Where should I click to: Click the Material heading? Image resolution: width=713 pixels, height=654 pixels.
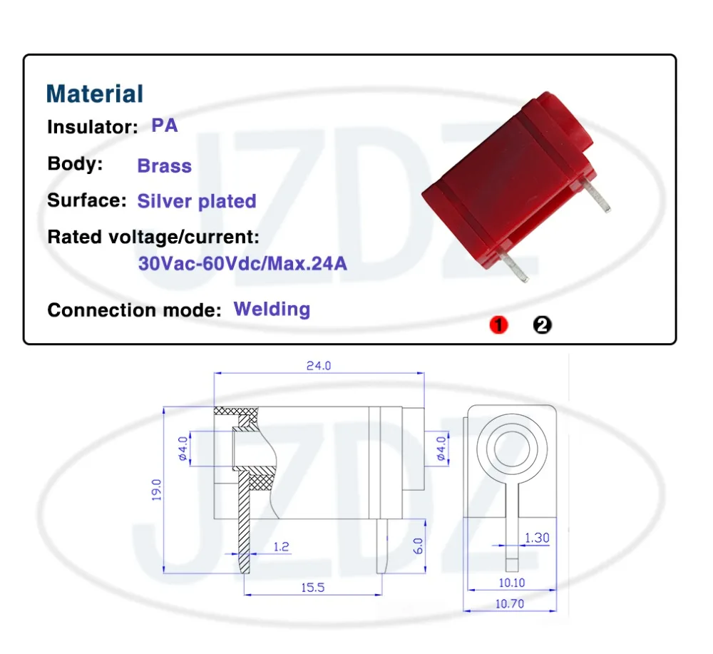click(95, 93)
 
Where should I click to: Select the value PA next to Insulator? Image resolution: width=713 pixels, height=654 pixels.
click(164, 126)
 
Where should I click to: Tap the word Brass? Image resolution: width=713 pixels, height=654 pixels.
click(165, 165)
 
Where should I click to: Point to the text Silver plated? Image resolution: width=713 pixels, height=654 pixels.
click(197, 201)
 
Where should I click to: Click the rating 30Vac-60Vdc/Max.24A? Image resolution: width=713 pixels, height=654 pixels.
click(243, 263)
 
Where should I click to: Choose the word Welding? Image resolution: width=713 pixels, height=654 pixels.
click(272, 310)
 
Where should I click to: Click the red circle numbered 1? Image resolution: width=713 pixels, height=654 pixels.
click(498, 325)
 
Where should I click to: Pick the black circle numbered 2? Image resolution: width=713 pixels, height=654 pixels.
click(542, 325)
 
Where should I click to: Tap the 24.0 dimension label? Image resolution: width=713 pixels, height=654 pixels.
click(318, 366)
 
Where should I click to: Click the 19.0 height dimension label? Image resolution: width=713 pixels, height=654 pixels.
click(156, 490)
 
